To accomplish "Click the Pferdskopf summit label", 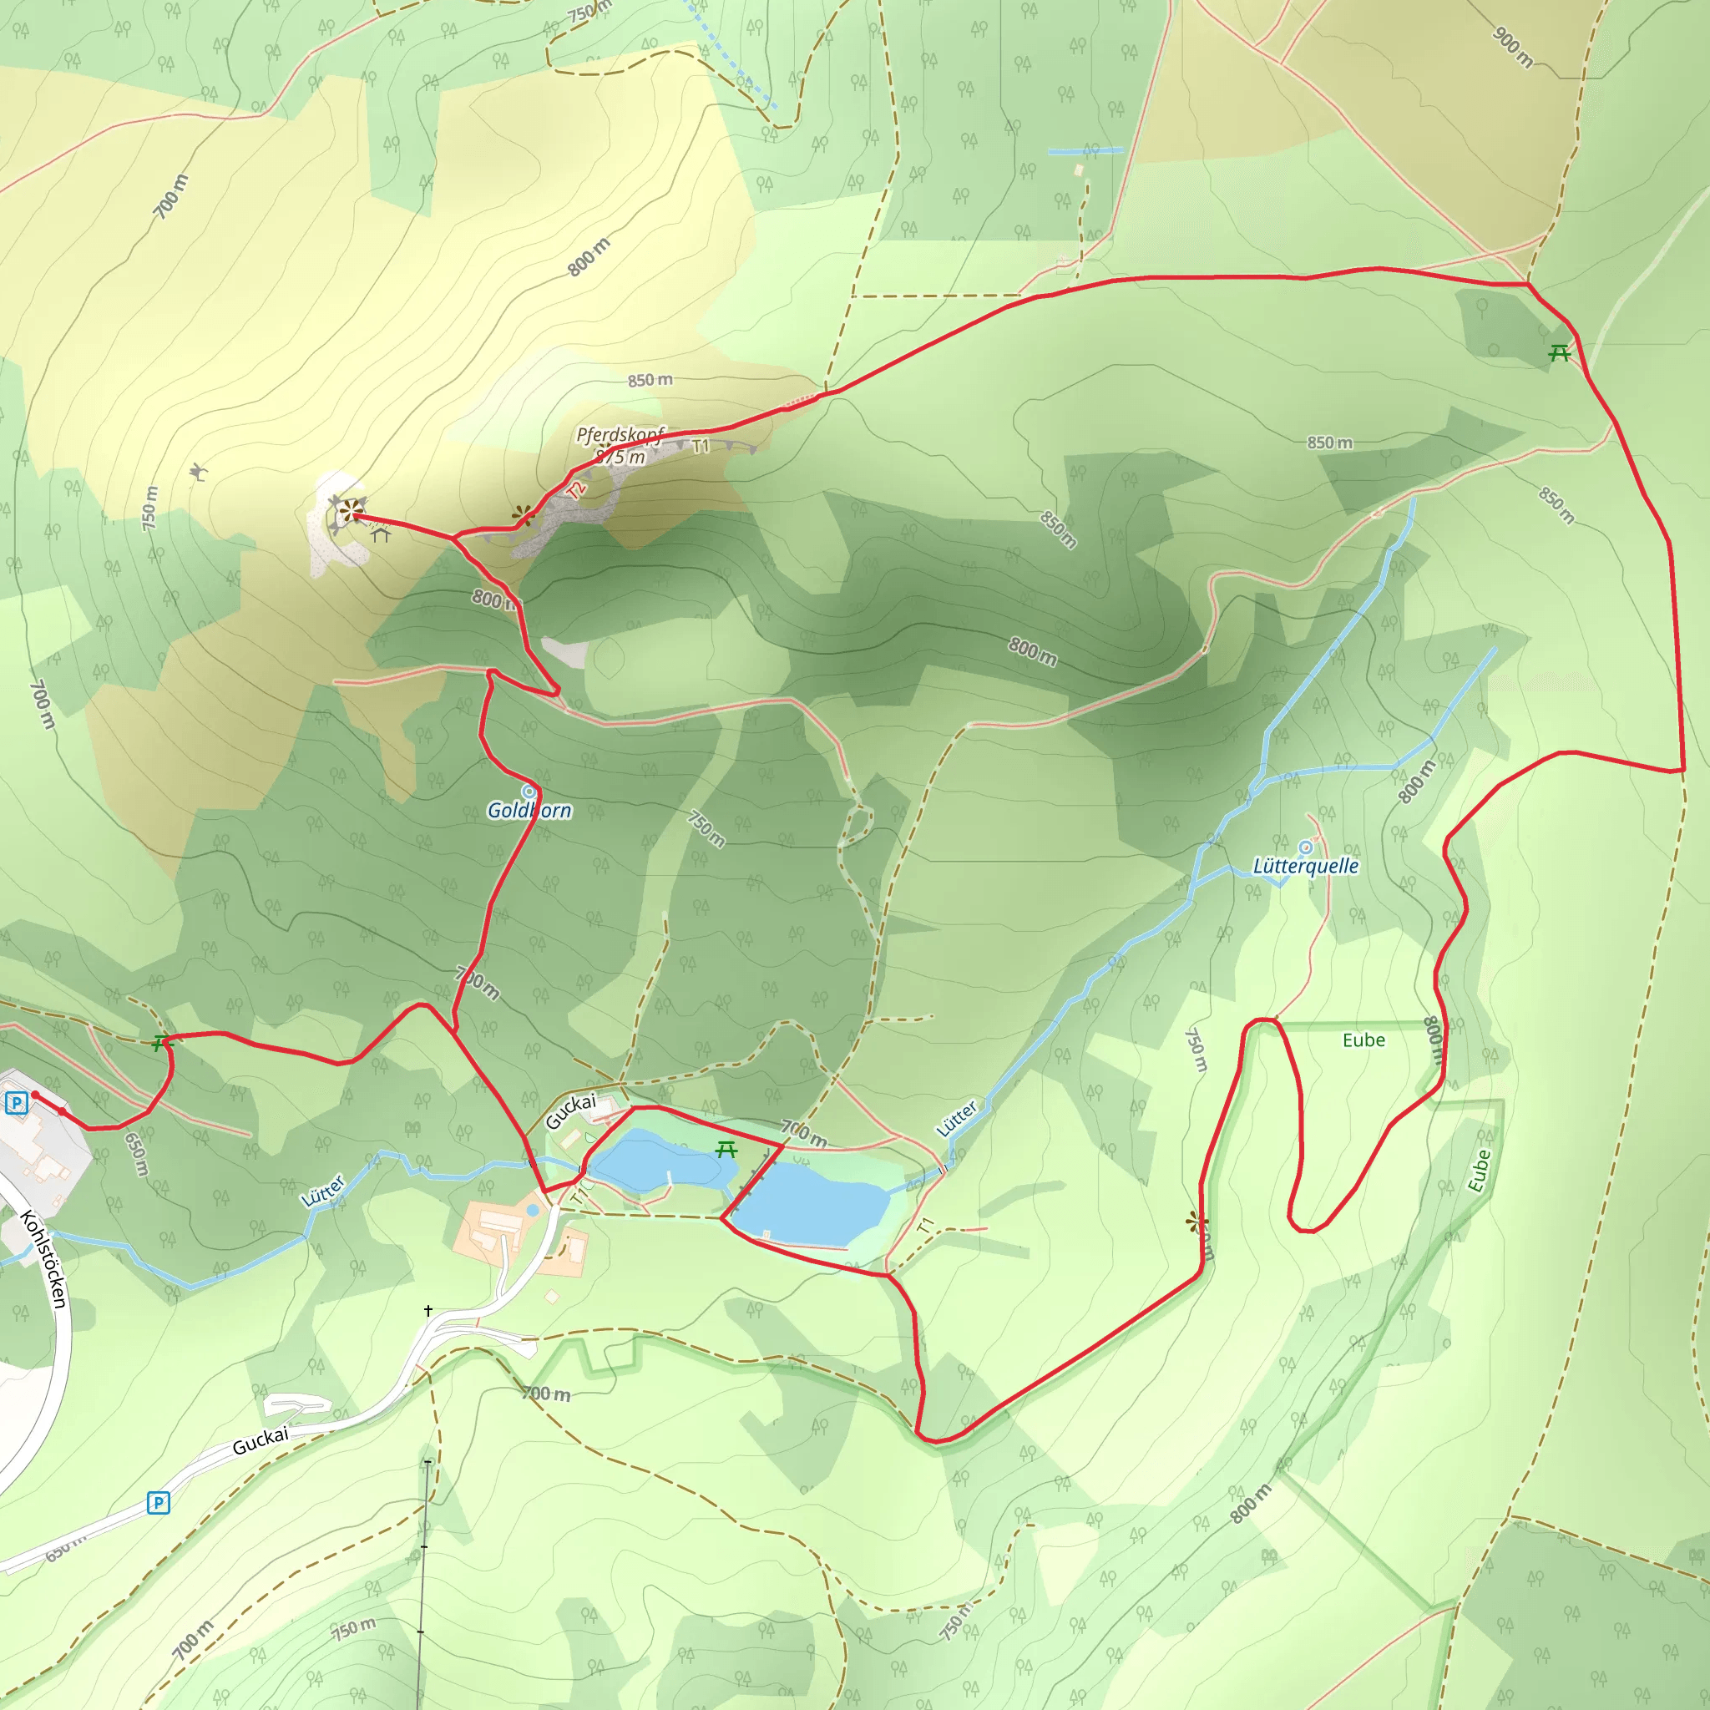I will tap(620, 434).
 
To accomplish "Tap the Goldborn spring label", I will tap(529, 811).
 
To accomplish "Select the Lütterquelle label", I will tap(1306, 866).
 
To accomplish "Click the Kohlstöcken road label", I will tap(44, 1257).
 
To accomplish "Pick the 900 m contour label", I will tap(1513, 47).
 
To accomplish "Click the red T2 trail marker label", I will tap(577, 489).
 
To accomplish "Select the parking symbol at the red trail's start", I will tap(16, 1103).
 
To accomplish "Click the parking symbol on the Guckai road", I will tap(158, 1502).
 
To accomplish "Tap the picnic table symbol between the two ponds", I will tap(726, 1150).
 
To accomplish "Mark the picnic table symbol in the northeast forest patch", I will tap(1560, 353).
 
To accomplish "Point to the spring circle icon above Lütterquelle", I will tap(1306, 847).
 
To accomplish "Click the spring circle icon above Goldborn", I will tap(529, 791).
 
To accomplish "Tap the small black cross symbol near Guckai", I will tap(428, 1310).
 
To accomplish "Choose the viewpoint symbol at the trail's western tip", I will tap(352, 510).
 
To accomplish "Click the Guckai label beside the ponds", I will tap(570, 1110).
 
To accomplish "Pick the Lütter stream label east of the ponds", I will tap(957, 1118).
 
